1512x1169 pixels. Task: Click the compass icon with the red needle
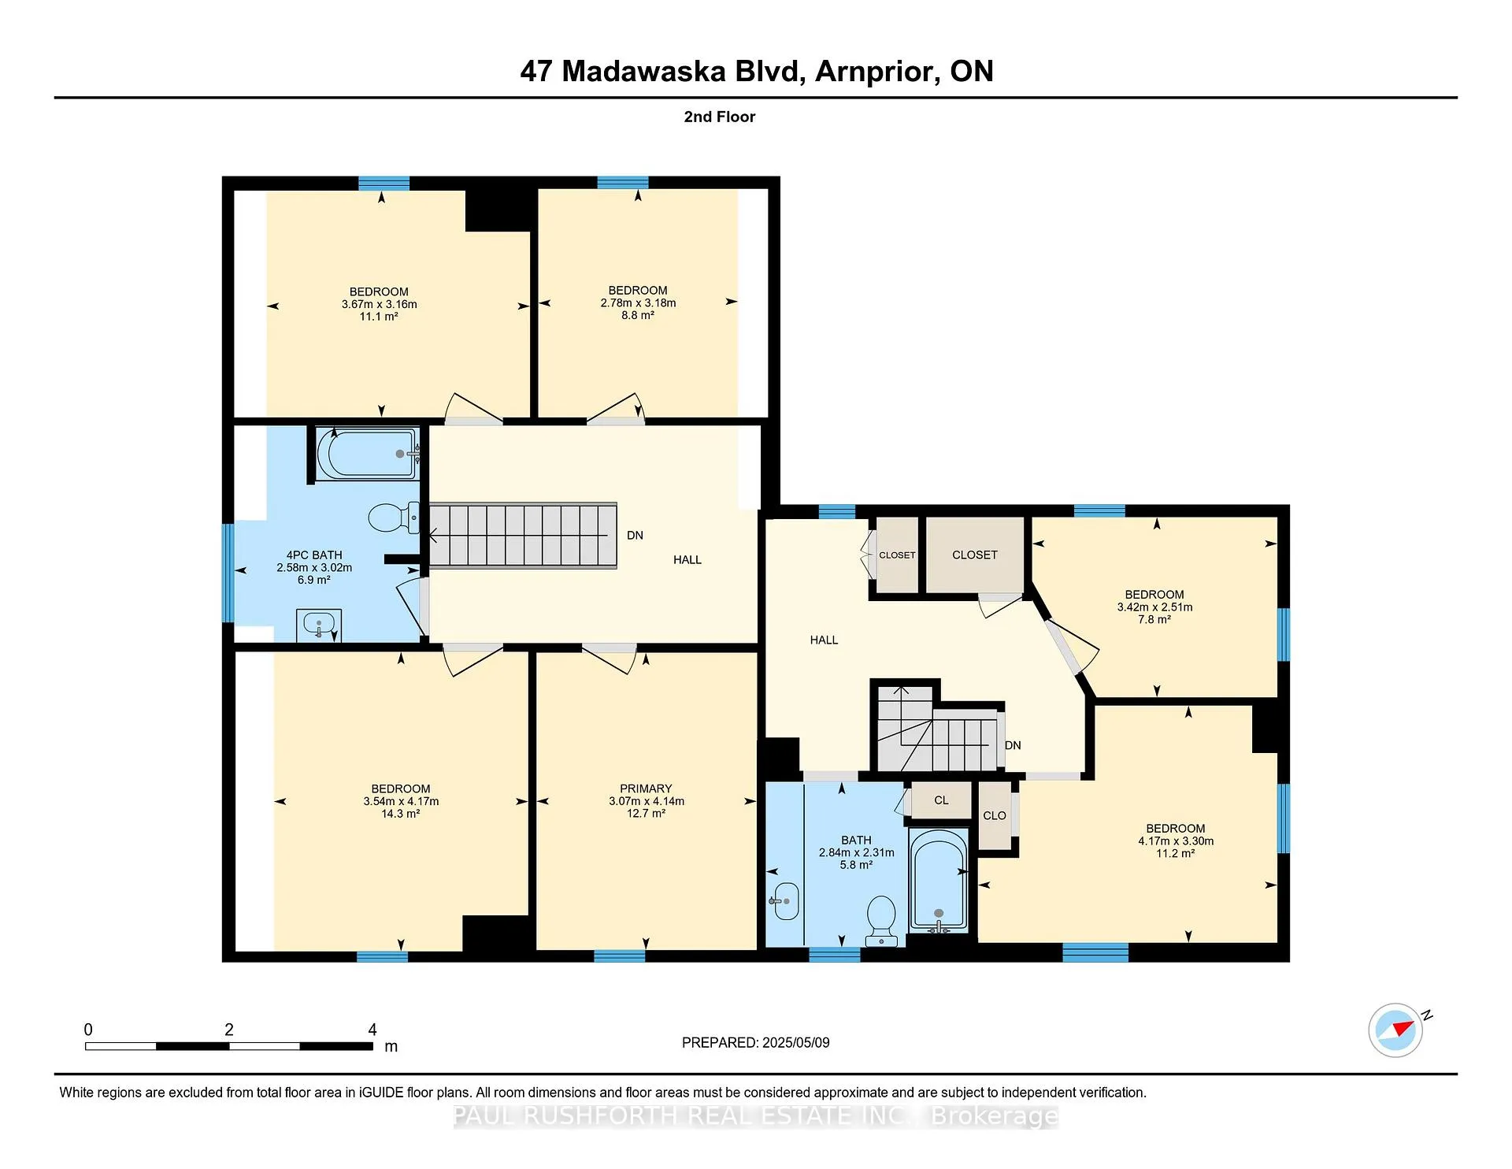pyautogui.click(x=1395, y=1030)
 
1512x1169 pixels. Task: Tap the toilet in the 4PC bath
pyautogui.click(x=394, y=517)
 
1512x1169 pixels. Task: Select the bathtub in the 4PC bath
pyautogui.click(x=368, y=453)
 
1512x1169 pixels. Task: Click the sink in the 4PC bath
pyautogui.click(x=319, y=625)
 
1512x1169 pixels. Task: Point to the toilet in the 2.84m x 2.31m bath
pyautogui.click(x=881, y=921)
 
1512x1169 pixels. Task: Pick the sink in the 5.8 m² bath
pyautogui.click(x=784, y=901)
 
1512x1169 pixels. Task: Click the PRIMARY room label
pyautogui.click(x=646, y=789)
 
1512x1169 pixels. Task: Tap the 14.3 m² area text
pyautogui.click(x=401, y=814)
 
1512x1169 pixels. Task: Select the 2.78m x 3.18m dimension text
pyautogui.click(x=638, y=302)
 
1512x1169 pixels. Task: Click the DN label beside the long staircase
pyautogui.click(x=635, y=536)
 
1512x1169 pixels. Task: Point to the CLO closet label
pyautogui.click(x=995, y=815)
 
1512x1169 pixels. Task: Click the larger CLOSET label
pyautogui.click(x=975, y=555)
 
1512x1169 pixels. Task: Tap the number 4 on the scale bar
pyautogui.click(x=372, y=1030)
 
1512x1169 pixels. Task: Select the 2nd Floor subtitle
pyautogui.click(x=720, y=117)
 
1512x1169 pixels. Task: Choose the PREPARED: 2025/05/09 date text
pyautogui.click(x=756, y=1042)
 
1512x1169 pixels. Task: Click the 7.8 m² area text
pyautogui.click(x=1154, y=620)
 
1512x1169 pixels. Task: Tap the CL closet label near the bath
pyautogui.click(x=941, y=800)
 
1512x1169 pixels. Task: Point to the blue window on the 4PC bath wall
pyautogui.click(x=228, y=573)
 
